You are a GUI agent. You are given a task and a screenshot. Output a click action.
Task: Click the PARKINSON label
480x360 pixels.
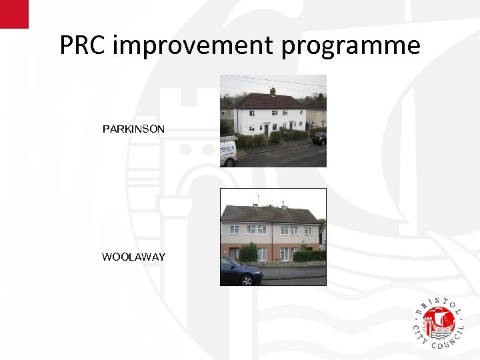(x=133, y=129)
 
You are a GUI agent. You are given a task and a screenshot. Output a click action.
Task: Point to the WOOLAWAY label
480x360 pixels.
(x=133, y=257)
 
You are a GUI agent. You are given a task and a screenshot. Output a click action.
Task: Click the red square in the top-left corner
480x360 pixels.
(x=14, y=14)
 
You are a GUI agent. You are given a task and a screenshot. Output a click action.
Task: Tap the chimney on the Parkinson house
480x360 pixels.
(x=272, y=91)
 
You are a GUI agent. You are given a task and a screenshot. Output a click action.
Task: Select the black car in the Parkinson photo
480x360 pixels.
(x=319, y=138)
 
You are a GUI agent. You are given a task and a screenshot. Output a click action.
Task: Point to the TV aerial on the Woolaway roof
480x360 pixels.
(x=257, y=197)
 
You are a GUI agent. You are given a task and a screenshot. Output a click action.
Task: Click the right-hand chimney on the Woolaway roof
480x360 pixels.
(x=285, y=205)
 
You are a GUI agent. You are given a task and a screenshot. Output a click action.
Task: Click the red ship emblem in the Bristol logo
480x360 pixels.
(x=440, y=323)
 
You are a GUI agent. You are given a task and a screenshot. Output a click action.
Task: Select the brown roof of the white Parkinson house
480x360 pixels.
(x=270, y=102)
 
